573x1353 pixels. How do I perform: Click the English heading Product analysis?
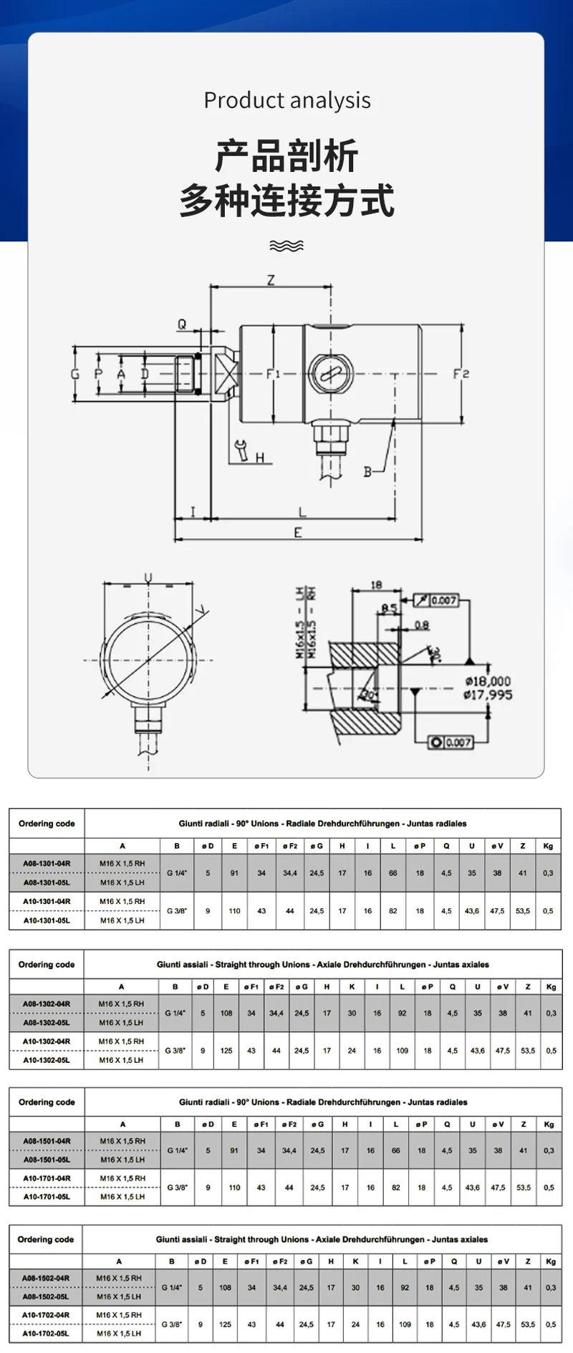point(286,100)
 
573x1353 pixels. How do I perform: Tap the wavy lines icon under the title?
point(286,246)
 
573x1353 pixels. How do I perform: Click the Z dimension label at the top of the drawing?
point(271,280)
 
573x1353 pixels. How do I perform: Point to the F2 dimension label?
point(461,374)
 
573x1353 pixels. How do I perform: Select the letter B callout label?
point(367,472)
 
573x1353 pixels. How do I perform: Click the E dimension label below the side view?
point(298,532)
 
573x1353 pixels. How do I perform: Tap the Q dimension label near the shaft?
point(182,324)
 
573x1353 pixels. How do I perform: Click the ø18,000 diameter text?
point(488,681)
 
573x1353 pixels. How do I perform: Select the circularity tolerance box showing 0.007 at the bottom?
point(451,742)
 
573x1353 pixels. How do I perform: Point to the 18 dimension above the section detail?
point(376,585)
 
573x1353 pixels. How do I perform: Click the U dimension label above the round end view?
point(148,577)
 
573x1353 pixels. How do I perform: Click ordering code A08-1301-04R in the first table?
point(47,864)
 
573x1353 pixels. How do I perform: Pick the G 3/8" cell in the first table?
point(177,911)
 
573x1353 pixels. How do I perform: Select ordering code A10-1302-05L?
point(47,1060)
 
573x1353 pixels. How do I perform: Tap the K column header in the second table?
point(352,986)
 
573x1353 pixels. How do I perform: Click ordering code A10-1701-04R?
point(47,1178)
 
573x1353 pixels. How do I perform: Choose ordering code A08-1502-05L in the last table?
point(46,1297)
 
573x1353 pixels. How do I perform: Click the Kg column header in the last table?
point(550,1261)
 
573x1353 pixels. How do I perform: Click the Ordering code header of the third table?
point(47,1102)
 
